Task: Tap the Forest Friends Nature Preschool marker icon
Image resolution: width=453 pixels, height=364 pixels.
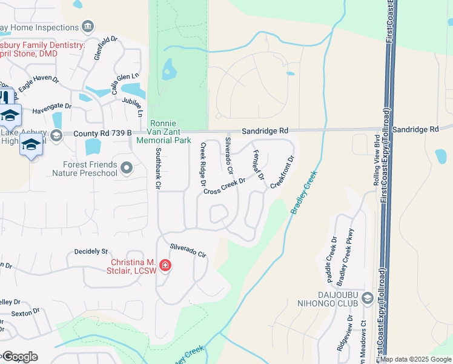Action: (127, 167)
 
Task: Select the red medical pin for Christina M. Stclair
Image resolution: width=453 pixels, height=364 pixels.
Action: (165, 266)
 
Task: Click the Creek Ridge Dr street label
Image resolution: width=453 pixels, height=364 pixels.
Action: (203, 163)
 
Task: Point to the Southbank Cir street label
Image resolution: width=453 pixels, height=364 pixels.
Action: (157, 167)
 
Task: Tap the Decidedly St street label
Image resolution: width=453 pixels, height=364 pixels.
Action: (90, 251)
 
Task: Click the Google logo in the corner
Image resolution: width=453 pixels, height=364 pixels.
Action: (19, 357)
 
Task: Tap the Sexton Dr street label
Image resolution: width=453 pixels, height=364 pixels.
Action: (25, 314)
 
